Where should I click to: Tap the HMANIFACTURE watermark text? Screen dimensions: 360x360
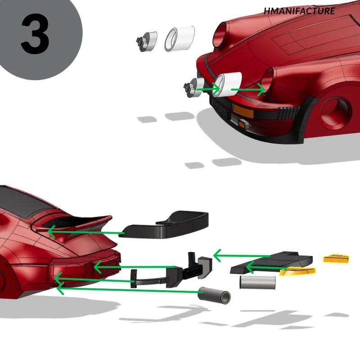tap(299, 11)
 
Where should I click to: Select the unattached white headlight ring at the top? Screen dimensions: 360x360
tap(180, 39)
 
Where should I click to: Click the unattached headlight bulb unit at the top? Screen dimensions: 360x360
tap(147, 41)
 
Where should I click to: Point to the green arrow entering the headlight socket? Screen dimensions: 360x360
tap(248, 90)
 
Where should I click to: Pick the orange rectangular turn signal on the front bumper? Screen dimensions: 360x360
tap(243, 111)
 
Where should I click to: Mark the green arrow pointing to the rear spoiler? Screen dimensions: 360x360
tap(86, 232)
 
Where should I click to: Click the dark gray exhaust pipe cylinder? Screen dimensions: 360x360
tap(214, 295)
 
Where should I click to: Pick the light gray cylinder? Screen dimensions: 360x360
tap(257, 282)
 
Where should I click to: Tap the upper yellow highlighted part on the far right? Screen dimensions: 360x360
tap(336, 258)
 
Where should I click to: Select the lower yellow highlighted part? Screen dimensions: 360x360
tap(297, 271)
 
